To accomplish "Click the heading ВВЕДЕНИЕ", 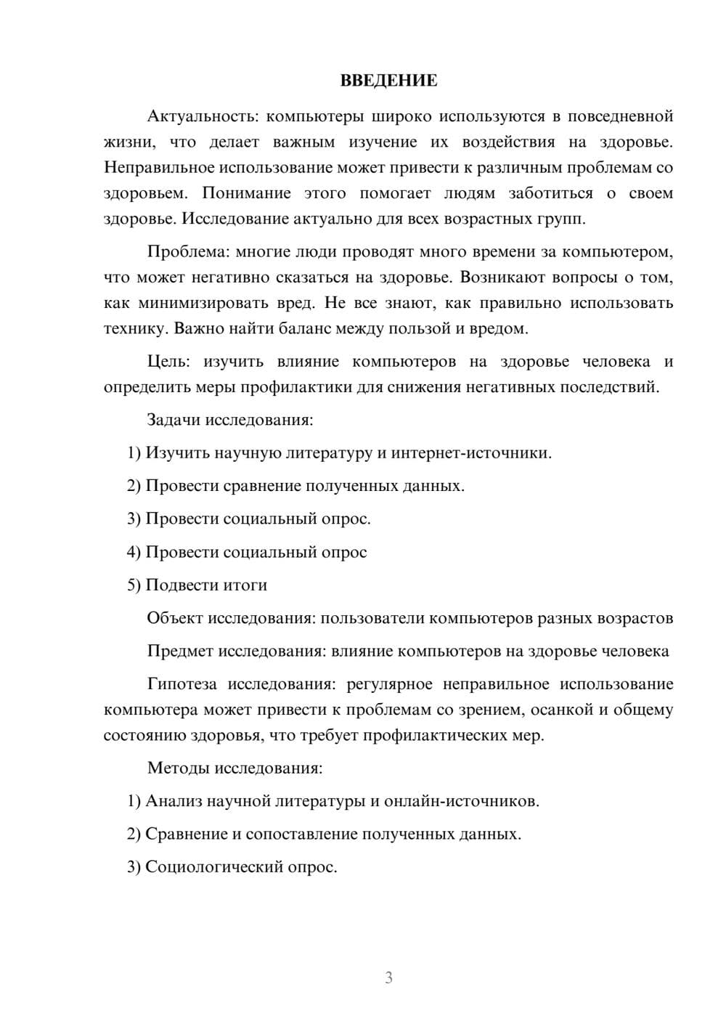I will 388,81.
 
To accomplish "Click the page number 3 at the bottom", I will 388,978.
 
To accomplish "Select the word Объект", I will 175,618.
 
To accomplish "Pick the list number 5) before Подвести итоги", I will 134,585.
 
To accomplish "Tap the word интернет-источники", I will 471,453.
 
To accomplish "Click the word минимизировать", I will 203,303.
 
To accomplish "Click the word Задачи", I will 174,420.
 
